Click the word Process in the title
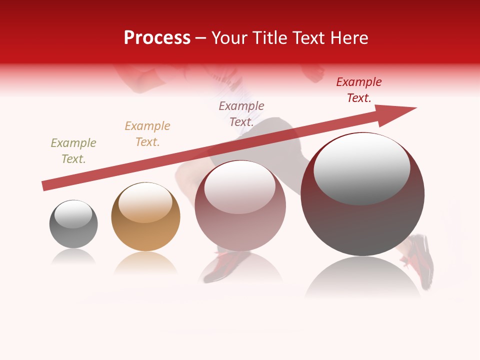tap(157, 38)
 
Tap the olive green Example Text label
tap(73, 151)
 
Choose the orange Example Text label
tap(147, 134)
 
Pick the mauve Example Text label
tap(241, 114)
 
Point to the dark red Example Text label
tap(359, 90)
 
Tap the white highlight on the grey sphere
tap(73, 214)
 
